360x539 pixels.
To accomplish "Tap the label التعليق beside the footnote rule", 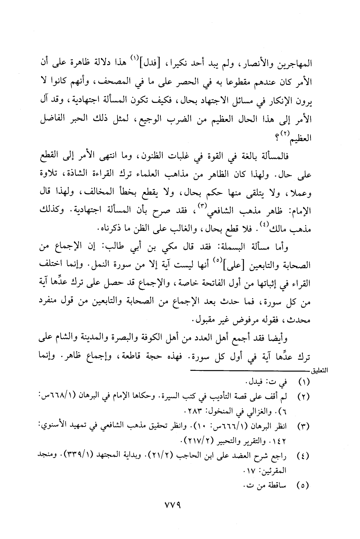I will tap(323, 372).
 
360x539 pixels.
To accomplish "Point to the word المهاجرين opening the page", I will tap(294, 63).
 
